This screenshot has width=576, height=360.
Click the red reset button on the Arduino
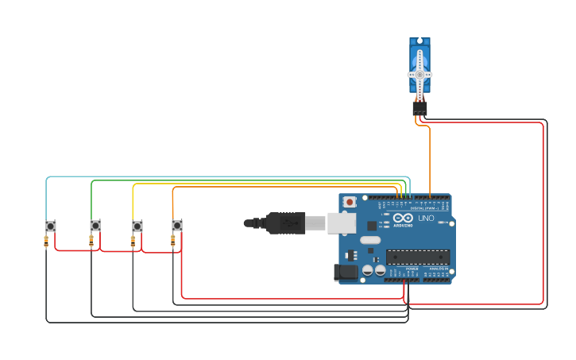coord(350,203)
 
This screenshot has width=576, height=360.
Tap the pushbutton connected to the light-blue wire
coord(51,226)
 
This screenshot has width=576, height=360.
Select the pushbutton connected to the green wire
coord(95,226)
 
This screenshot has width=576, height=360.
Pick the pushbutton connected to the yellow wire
coord(137,226)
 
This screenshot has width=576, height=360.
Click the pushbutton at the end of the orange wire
coord(176,226)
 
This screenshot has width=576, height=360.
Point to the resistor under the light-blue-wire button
coord(46,241)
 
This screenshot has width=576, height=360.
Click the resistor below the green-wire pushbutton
coord(91,241)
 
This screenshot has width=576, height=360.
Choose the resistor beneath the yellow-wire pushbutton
coord(133,241)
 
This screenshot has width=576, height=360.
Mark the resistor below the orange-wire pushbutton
coord(172,241)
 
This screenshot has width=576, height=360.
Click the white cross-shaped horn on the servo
coord(419,74)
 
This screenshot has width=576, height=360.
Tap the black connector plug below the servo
coord(419,107)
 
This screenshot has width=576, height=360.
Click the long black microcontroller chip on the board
coord(418,257)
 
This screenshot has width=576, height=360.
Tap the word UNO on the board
coord(426,219)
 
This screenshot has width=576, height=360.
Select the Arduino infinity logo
coord(404,218)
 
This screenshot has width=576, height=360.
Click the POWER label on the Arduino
coord(412,269)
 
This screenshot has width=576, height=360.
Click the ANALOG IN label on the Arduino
coord(439,269)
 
